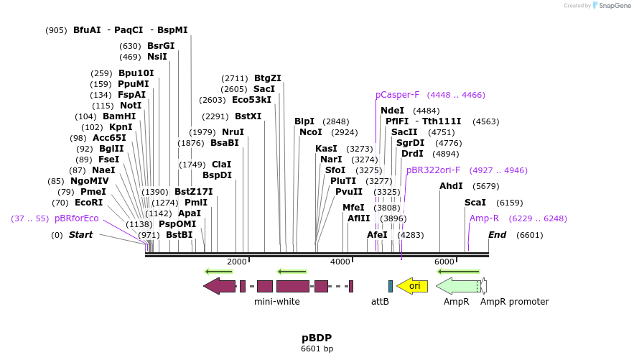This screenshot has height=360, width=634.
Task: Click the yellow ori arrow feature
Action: [412, 286]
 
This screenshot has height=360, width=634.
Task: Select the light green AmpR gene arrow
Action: [457, 286]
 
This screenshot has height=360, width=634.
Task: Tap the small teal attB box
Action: [391, 286]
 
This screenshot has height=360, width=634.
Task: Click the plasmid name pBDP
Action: [317, 338]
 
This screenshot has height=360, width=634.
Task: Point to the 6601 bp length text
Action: [317, 349]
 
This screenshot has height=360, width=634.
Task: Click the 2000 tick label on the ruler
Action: [237, 262]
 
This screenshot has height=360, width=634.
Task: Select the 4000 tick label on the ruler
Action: [340, 262]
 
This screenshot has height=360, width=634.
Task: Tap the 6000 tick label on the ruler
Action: [444, 262]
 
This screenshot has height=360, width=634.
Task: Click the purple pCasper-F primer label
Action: [397, 95]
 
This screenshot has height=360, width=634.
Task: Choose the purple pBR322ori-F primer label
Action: [433, 170]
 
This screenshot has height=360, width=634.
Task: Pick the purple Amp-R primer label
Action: [484, 218]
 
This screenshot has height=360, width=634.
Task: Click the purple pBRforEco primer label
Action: [77, 218]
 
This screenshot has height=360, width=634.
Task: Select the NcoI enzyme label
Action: [311, 132]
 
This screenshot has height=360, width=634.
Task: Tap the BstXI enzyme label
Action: [248, 116]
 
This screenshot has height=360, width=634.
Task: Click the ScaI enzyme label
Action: [475, 203]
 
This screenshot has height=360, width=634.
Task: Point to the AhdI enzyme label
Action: [451, 186]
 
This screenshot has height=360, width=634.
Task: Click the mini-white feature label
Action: [277, 302]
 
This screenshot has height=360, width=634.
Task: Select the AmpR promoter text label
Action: [514, 302]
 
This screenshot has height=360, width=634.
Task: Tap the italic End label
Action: [497, 235]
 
